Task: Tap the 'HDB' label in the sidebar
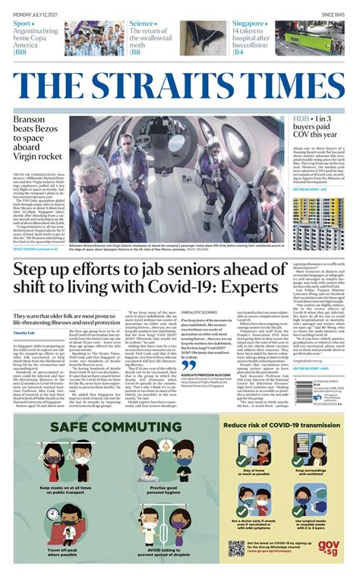[x=301, y=121]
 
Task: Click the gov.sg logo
[x=337, y=547]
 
